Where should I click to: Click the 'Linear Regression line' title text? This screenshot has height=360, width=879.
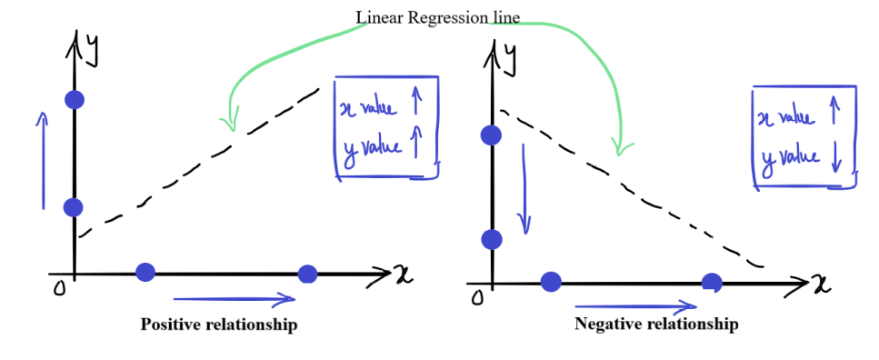click(x=438, y=17)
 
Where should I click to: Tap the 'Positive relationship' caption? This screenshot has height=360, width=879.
click(x=219, y=325)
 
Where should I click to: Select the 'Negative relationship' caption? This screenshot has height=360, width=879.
click(x=656, y=325)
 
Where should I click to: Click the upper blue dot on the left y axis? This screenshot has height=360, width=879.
click(x=75, y=100)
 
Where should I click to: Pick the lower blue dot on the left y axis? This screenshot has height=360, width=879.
click(x=74, y=207)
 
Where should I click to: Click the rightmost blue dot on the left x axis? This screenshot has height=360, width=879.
click(x=307, y=275)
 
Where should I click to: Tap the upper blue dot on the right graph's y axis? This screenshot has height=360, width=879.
click(x=492, y=135)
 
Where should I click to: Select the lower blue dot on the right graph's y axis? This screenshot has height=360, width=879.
click(x=492, y=239)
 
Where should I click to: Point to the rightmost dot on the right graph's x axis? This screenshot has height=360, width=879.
click(x=712, y=283)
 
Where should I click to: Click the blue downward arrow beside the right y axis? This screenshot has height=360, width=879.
click(x=524, y=189)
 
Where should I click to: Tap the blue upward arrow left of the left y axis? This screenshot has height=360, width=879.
click(x=43, y=160)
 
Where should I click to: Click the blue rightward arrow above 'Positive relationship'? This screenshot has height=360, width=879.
click(x=235, y=299)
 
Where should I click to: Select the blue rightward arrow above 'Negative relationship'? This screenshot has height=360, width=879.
click(x=636, y=306)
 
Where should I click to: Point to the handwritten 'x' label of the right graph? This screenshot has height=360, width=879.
click(x=821, y=285)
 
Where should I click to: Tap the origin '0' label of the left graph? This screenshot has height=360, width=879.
click(x=58, y=289)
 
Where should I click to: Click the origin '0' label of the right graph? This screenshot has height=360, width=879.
click(x=477, y=298)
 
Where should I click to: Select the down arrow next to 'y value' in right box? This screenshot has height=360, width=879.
click(x=837, y=158)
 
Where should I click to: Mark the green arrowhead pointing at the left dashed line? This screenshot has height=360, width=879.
click(x=229, y=121)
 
